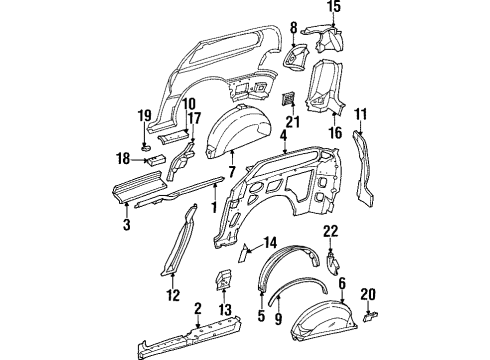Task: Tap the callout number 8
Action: pos(294,26)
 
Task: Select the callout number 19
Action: pos(144,114)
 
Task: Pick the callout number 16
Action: pos(334,132)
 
